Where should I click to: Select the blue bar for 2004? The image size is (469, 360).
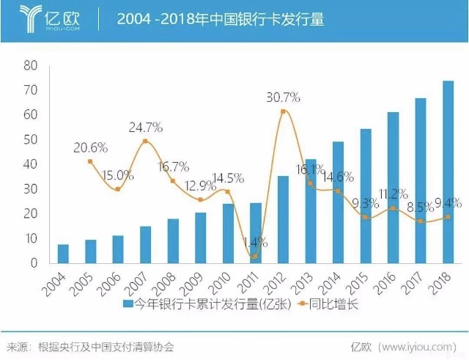[63, 254]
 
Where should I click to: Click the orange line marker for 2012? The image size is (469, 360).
[283, 111]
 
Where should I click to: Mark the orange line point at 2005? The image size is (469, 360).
[90, 161]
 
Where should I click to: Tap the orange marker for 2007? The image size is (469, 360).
[145, 141]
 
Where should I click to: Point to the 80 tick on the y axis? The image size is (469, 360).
[30, 65]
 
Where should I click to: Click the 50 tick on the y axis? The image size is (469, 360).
[30, 139]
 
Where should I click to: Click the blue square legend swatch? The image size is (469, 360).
[127, 304]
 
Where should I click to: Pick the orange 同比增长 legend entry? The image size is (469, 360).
[330, 304]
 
